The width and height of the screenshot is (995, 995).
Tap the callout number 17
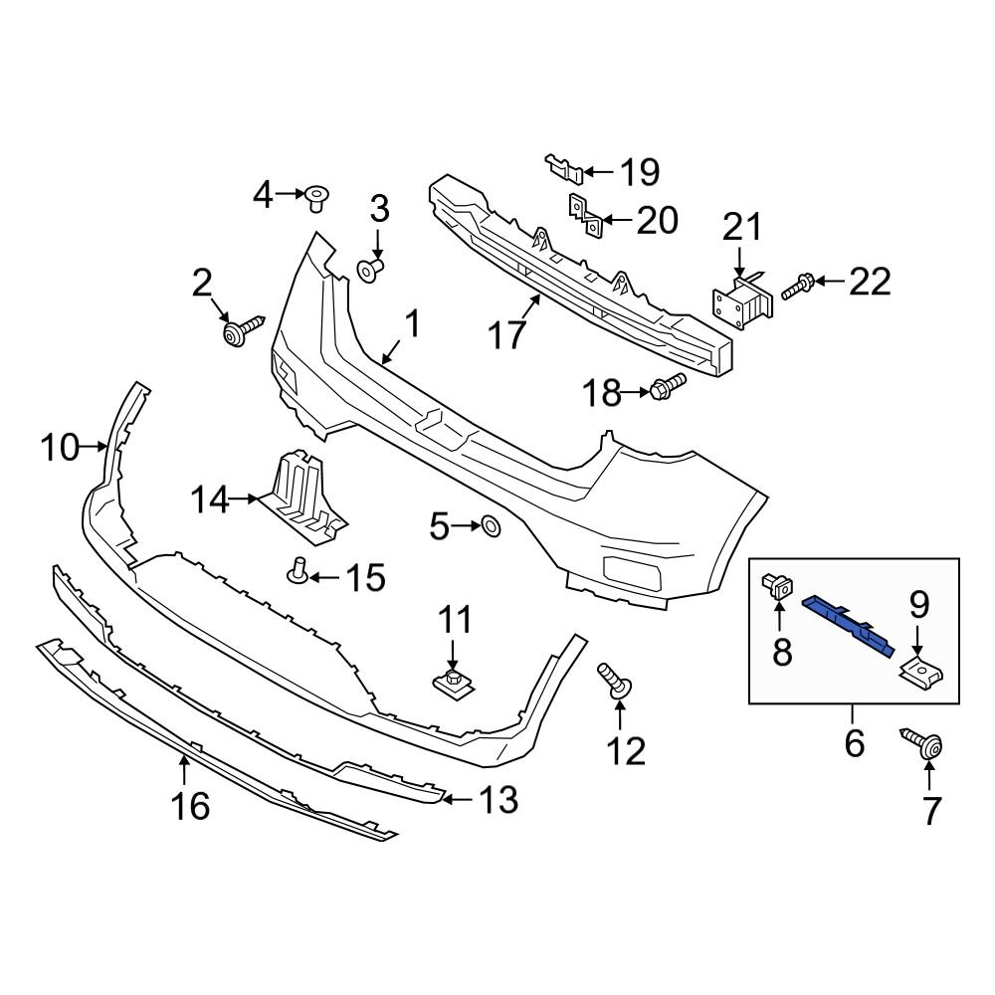point(506,334)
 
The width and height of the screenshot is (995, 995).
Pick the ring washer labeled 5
point(491,525)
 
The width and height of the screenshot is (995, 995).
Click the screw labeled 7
point(922,744)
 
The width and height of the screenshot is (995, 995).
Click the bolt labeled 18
point(669,385)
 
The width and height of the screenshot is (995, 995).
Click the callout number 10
point(60,448)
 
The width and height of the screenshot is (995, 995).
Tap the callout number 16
point(189,804)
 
